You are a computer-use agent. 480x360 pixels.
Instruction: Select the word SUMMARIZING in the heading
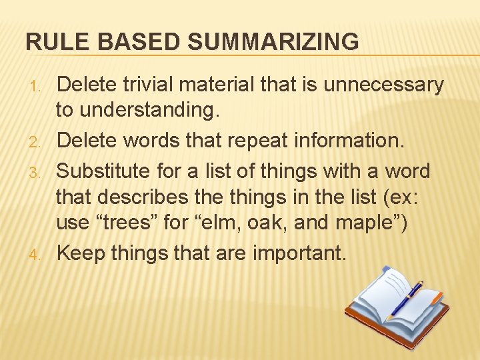[x=273, y=42]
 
